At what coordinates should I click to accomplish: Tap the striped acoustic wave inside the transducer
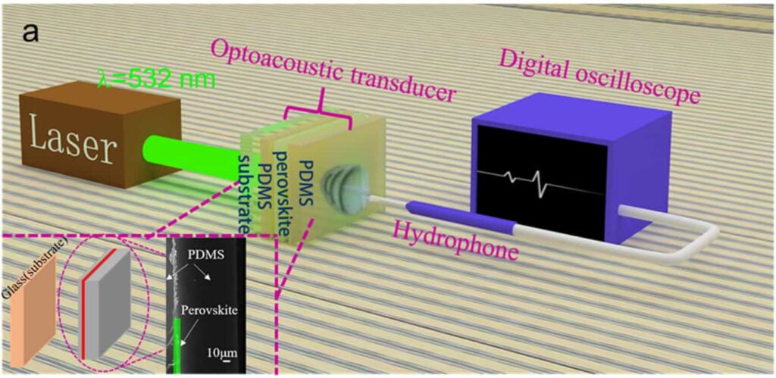(x=338, y=186)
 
